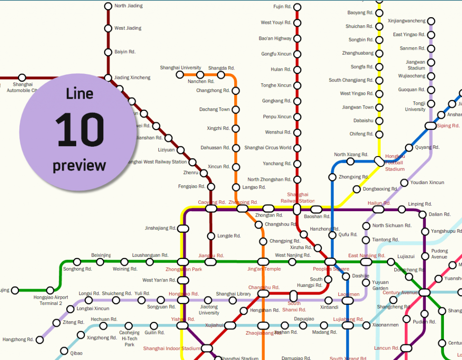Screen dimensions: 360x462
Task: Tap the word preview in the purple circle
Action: [x=79, y=165]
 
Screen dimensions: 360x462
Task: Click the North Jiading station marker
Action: [x=108, y=6]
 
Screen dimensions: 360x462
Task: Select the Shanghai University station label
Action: [x=180, y=68]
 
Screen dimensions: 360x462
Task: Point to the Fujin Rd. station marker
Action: [x=297, y=7]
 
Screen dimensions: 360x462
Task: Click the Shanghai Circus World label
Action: [x=268, y=148]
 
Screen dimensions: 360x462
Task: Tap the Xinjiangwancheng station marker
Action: [x=431, y=21]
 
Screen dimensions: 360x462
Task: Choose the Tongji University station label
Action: [x=415, y=106]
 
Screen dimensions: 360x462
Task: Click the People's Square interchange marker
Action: [x=330, y=262]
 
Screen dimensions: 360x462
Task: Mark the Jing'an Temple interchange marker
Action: [x=263, y=262]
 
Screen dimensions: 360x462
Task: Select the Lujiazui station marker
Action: [x=391, y=261]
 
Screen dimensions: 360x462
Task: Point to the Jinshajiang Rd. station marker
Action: [x=183, y=229]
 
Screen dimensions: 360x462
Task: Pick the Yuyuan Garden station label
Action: [x=380, y=286]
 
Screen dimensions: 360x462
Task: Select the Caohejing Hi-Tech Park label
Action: [x=129, y=339]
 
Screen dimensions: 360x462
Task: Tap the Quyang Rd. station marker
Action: [x=409, y=148]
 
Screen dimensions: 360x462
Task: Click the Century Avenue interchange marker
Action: [x=425, y=293]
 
